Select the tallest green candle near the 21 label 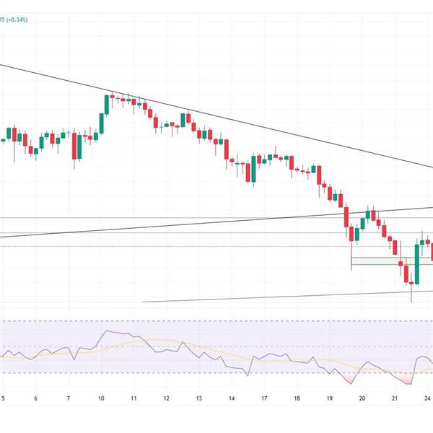point(417,263)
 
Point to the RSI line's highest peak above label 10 point(108,331)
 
